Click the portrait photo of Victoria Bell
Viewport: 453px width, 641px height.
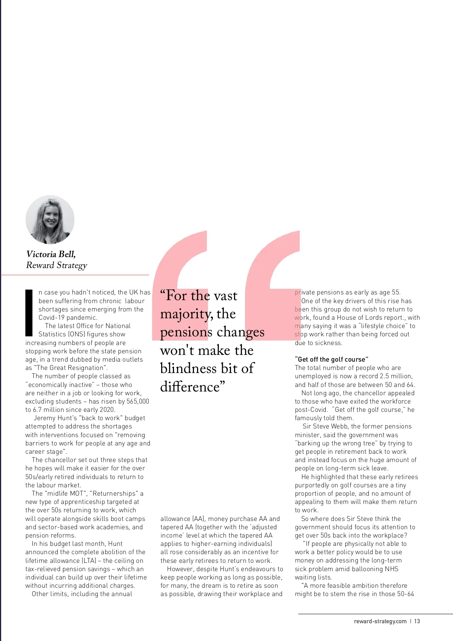(50, 219)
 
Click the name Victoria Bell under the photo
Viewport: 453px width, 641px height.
(51, 254)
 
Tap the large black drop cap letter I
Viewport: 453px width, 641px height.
(29, 313)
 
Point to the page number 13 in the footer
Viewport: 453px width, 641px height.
(417, 621)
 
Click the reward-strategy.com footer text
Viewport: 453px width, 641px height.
(380, 621)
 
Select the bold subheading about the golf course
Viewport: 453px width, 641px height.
(331, 359)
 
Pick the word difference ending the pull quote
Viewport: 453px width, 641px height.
(190, 387)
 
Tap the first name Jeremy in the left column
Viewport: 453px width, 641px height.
(44, 418)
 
